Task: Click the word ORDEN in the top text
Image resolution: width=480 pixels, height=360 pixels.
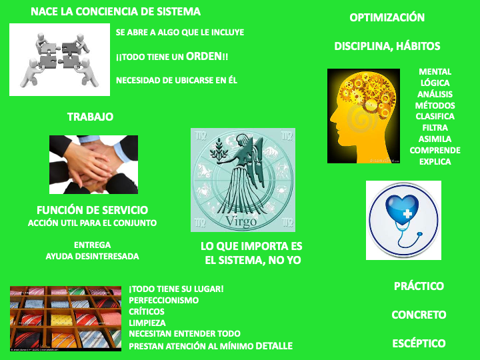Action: tap(204, 56)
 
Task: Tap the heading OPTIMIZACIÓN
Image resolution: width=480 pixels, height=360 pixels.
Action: tap(387, 17)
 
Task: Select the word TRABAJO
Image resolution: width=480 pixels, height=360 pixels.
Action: tap(90, 117)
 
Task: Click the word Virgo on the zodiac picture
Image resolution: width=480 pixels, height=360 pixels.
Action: tap(241, 221)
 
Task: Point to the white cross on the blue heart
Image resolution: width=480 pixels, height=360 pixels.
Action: tap(407, 213)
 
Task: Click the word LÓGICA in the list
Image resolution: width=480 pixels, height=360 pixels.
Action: tap(435, 83)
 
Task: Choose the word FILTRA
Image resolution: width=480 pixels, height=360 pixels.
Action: tap(435, 127)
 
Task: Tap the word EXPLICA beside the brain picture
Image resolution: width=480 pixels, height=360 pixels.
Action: tap(435, 161)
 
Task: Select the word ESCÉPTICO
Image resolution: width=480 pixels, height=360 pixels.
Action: tap(419, 343)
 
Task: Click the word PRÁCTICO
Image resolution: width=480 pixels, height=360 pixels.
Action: tap(419, 286)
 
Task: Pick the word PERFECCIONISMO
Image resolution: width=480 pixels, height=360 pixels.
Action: tap(164, 300)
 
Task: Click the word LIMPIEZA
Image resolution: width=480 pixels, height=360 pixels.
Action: tap(147, 323)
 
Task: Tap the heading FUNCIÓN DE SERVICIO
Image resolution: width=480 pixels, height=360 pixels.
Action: tap(92, 210)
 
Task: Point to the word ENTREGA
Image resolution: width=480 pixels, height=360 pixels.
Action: tap(92, 245)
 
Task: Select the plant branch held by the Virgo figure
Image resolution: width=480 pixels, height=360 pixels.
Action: tap(218, 148)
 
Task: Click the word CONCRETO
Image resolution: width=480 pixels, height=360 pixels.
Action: tap(419, 315)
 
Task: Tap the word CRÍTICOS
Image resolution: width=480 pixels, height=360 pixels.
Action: tap(147, 311)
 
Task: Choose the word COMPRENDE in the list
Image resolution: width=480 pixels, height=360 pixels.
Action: tap(435, 150)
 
